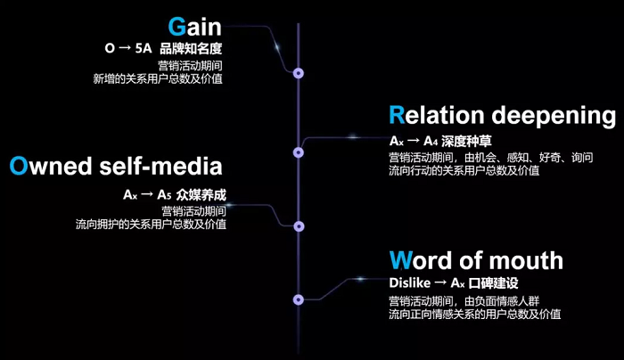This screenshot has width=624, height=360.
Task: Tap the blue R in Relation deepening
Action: [x=398, y=116]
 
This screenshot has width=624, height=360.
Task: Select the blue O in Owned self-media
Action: [x=21, y=166]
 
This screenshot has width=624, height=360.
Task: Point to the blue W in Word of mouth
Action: [x=402, y=260]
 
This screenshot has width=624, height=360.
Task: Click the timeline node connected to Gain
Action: [x=300, y=74]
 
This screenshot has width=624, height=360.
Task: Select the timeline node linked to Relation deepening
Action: [x=300, y=151]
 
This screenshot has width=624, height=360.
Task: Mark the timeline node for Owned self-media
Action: [x=300, y=225]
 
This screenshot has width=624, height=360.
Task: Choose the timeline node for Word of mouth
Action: [x=300, y=300]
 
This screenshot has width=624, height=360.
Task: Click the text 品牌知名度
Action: [x=192, y=50]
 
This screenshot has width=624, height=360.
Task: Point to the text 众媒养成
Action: [x=201, y=192]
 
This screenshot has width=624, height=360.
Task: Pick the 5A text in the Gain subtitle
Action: [x=144, y=50]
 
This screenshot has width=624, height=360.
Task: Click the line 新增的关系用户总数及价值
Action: [x=158, y=79]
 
